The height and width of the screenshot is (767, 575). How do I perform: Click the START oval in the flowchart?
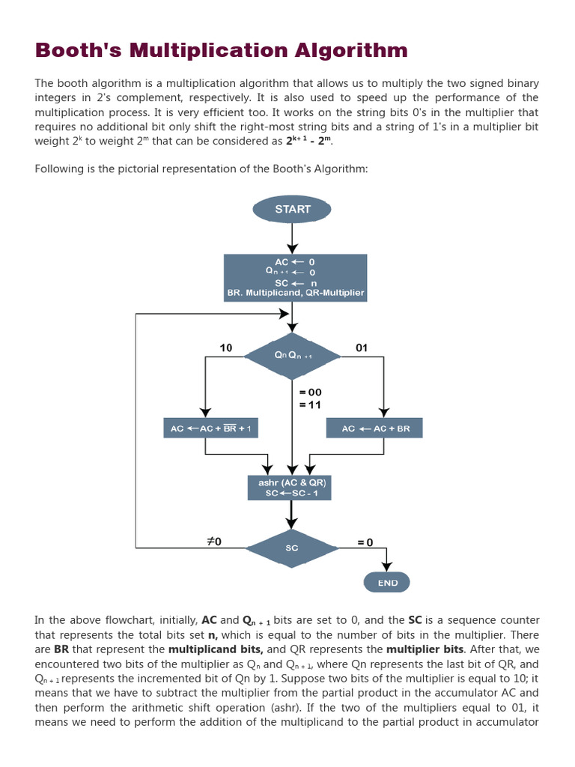point(292,209)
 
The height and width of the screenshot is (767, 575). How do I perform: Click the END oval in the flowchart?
point(387,582)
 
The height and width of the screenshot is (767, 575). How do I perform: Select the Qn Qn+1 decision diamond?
point(292,356)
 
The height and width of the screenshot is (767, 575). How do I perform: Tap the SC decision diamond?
point(292,548)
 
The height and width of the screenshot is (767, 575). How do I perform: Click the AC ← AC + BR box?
point(375,428)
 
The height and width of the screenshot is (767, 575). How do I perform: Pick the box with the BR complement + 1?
point(210,428)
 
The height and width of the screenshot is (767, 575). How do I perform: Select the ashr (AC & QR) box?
point(288,488)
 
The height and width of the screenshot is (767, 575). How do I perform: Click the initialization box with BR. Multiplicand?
point(296,277)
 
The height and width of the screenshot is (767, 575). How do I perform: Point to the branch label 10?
point(226,348)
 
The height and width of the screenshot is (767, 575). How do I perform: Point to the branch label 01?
point(362,348)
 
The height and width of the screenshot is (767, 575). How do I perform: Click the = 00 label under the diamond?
point(310,392)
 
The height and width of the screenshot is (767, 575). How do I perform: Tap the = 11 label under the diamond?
point(310,404)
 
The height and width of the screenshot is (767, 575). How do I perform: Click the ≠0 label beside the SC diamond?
point(213,541)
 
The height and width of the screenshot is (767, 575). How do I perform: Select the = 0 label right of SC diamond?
point(365,542)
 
